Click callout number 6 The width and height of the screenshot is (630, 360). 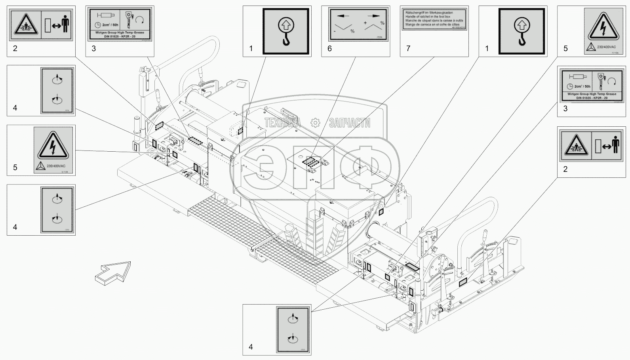coord(329,49)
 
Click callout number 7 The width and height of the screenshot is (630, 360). coord(408,49)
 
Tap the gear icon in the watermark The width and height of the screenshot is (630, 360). coord(315,123)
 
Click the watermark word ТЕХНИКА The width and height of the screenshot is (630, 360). coord(282,123)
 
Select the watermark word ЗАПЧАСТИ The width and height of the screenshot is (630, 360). coord(349,123)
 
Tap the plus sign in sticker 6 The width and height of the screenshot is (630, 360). coord(365,23)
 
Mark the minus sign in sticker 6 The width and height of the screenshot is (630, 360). coord(335,30)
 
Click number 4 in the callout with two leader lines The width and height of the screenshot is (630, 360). coord(251,347)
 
